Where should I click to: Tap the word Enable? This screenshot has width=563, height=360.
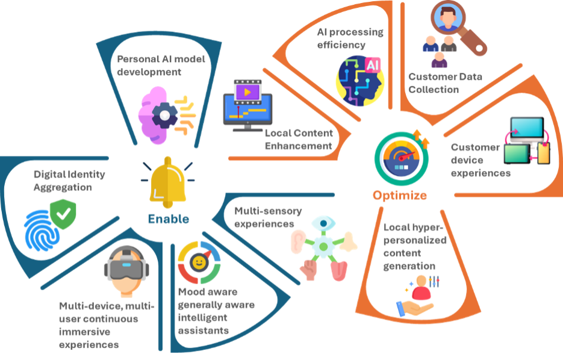[169, 219]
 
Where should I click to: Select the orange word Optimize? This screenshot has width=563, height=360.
[400, 195]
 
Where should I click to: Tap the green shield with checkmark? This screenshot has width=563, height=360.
[63, 214]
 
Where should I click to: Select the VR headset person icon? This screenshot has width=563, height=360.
[126, 269]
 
